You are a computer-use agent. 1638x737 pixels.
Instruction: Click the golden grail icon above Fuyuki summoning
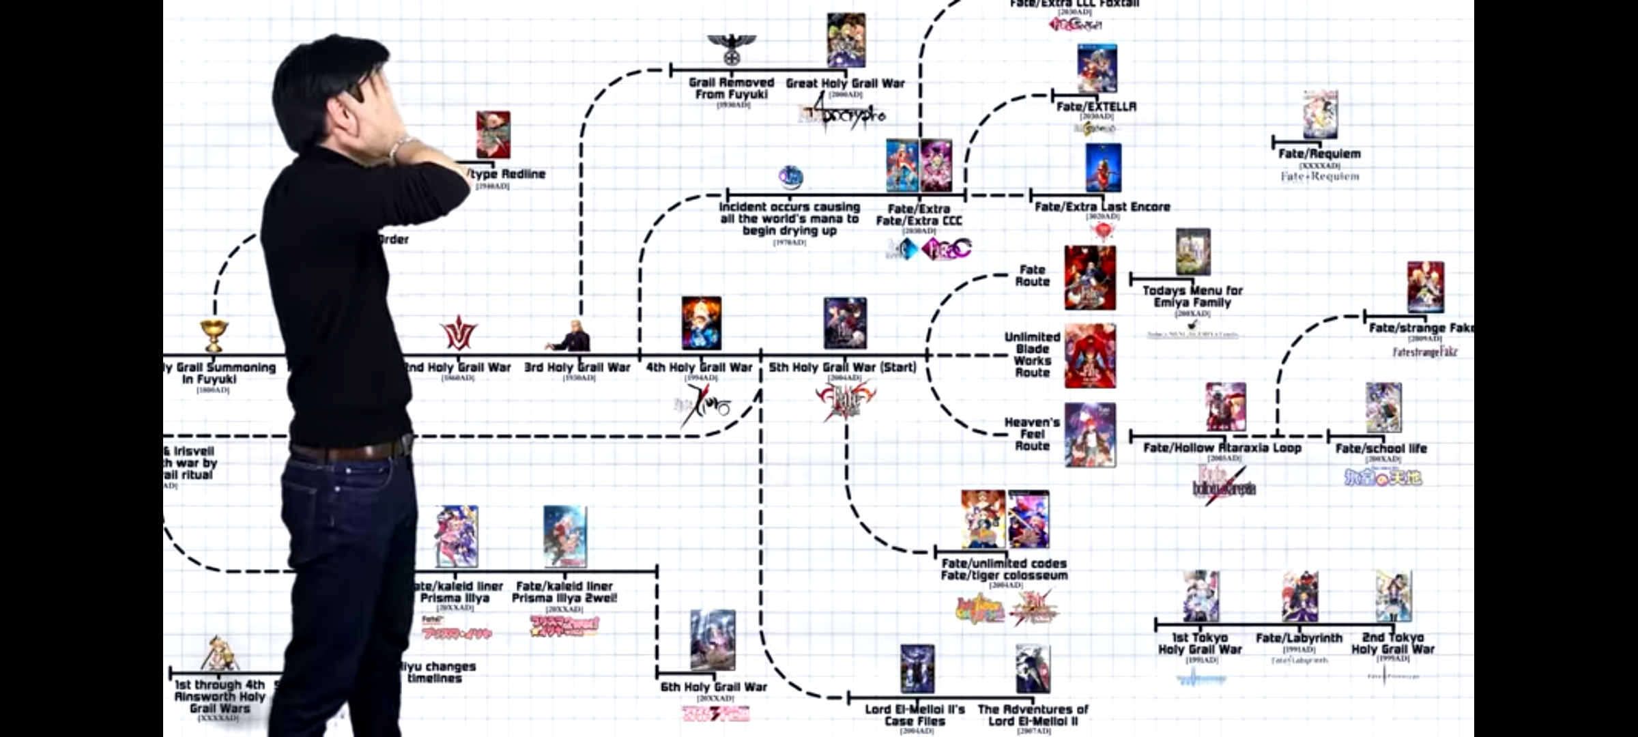click(214, 335)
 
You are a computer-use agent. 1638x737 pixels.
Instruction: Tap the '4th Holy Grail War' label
click(699, 367)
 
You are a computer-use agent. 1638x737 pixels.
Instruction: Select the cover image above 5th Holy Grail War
click(845, 323)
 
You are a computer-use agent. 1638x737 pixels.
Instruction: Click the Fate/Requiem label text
click(1319, 154)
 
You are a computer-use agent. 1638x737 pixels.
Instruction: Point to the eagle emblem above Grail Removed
click(732, 49)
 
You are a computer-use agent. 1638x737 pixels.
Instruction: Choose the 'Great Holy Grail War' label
click(845, 83)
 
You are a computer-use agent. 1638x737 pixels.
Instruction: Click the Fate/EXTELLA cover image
click(1097, 69)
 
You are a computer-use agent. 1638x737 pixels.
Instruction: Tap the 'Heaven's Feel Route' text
click(1032, 434)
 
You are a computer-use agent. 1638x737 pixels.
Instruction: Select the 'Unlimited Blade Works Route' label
click(1032, 355)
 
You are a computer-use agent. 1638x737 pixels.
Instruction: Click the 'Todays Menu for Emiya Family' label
click(1192, 296)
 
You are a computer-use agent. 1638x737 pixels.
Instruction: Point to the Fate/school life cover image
click(1383, 407)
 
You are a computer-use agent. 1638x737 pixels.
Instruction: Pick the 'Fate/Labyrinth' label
click(1299, 638)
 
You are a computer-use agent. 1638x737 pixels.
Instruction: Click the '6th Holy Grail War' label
click(713, 687)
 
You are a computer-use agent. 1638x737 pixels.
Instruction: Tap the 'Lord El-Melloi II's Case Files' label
click(915, 715)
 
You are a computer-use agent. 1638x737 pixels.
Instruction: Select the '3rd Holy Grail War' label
click(577, 367)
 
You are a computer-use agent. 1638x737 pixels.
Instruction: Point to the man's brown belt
click(348, 450)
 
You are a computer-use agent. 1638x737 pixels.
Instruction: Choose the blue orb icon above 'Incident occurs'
click(790, 177)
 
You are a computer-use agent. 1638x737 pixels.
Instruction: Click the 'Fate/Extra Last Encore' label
click(1102, 207)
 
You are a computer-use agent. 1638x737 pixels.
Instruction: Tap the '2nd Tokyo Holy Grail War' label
click(1392, 644)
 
